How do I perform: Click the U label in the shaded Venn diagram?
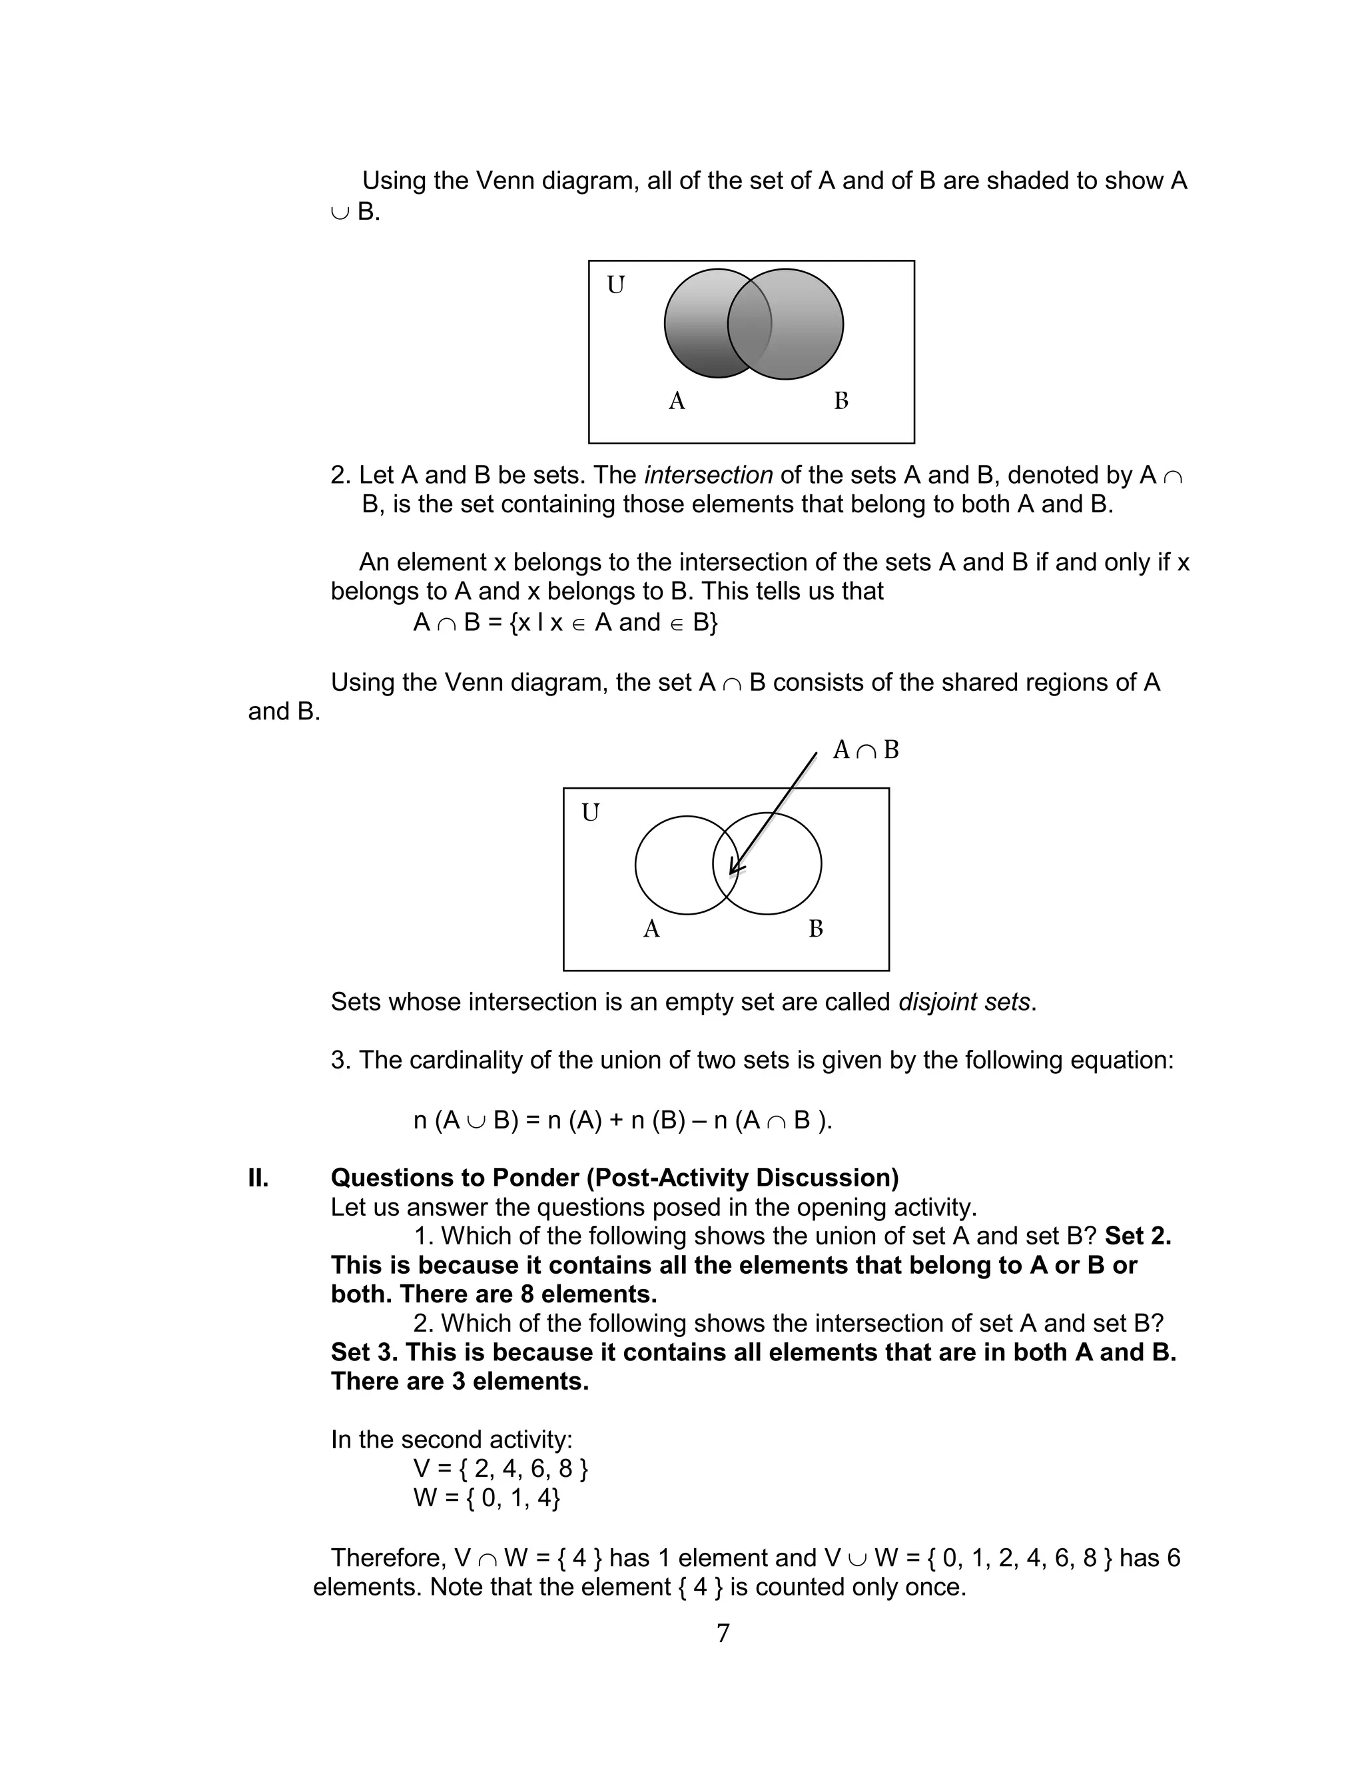pyautogui.click(x=615, y=285)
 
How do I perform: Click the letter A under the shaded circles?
pyautogui.click(x=676, y=401)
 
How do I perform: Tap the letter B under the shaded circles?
pyautogui.click(x=841, y=401)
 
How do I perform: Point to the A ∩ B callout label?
pyautogui.click(x=866, y=749)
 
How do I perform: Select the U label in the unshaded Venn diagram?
pyautogui.click(x=590, y=812)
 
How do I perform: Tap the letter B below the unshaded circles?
pyautogui.click(x=816, y=929)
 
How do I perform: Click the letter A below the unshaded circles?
pyautogui.click(x=651, y=929)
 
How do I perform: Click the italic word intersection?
pyautogui.click(x=708, y=475)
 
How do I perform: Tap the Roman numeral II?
pyautogui.click(x=258, y=1177)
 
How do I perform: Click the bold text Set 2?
pyautogui.click(x=1138, y=1236)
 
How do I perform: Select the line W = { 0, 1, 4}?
pyautogui.click(x=486, y=1497)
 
